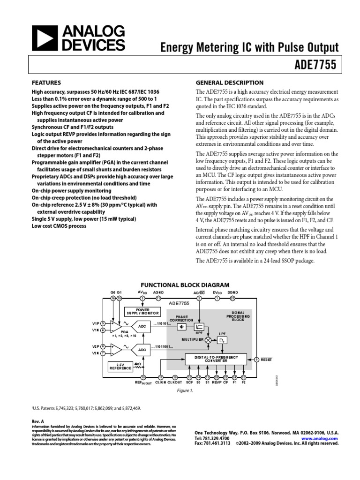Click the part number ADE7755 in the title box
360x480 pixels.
(317, 65)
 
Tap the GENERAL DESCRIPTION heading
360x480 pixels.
(229, 82)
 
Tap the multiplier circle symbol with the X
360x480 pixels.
(208, 341)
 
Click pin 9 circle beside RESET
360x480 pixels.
(256, 360)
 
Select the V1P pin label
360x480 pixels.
(96, 323)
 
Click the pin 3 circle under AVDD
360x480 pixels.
(142, 298)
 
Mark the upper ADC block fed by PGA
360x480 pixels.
(141, 326)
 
